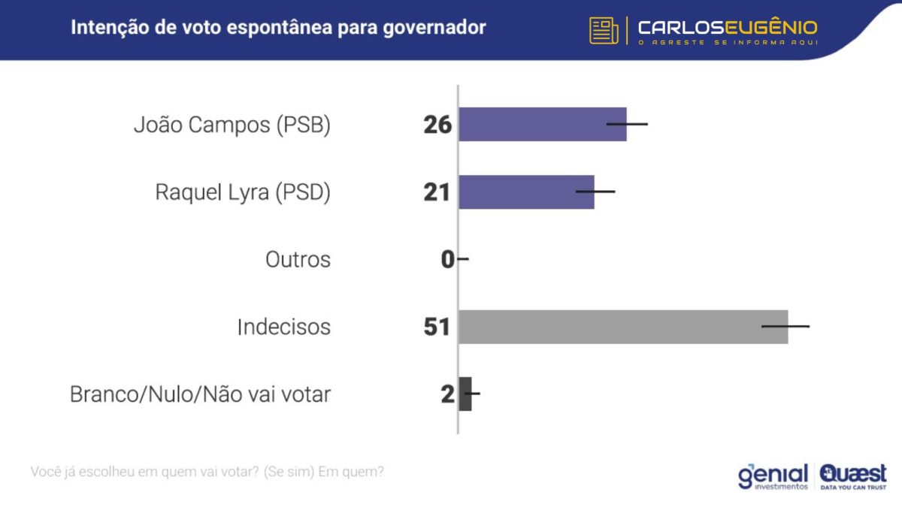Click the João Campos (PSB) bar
pyautogui.click(x=542, y=124)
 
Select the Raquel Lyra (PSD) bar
pyautogui.click(x=526, y=192)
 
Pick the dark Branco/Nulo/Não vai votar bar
pyautogui.click(x=465, y=394)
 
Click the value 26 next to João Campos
pyautogui.click(x=437, y=125)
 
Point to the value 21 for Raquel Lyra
pyautogui.click(x=437, y=192)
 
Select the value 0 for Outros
pyautogui.click(x=448, y=260)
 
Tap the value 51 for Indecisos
pyautogui.click(x=437, y=327)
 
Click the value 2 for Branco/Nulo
pyautogui.click(x=448, y=394)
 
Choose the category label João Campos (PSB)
pyautogui.click(x=232, y=125)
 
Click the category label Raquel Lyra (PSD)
pyautogui.click(x=243, y=192)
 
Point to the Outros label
pyautogui.click(x=298, y=260)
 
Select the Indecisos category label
pyautogui.click(x=283, y=327)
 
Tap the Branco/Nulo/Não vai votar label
pyautogui.click(x=200, y=394)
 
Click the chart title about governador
pyautogui.click(x=278, y=28)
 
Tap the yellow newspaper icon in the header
pyautogui.click(x=604, y=30)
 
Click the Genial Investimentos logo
pyautogui.click(x=773, y=476)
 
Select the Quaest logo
pyautogui.click(x=853, y=476)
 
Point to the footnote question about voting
pyautogui.click(x=207, y=472)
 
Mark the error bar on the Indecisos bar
pyautogui.click(x=785, y=327)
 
